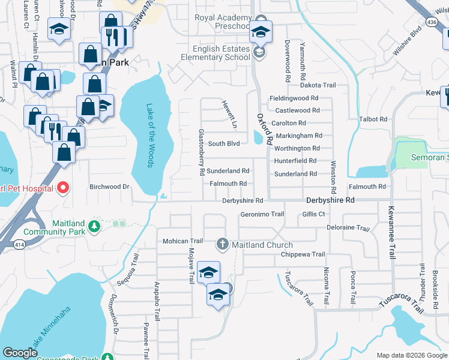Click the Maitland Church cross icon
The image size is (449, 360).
tap(222, 244)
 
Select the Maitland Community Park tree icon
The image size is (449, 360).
tap(93, 226)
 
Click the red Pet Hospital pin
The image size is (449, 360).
tap(62, 188)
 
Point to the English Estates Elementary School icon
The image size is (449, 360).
tap(259, 53)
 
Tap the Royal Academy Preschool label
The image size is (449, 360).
tap(222, 22)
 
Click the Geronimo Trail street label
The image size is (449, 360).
tap(262, 214)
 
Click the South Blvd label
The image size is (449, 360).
tap(224, 144)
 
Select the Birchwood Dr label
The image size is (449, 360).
tap(109, 187)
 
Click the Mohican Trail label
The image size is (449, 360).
tap(183, 241)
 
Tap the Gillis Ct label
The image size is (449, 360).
tap(313, 214)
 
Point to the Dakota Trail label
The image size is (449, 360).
tap(318, 86)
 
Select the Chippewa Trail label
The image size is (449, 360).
tap(303, 254)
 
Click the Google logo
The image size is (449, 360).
tap(20, 353)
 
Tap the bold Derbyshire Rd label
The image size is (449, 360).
tap(330, 200)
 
